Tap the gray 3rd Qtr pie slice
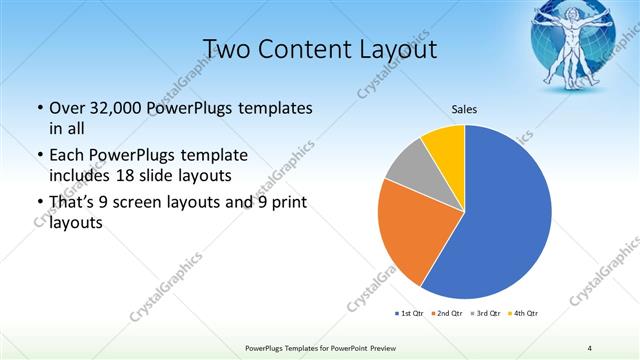pyautogui.click(x=409, y=168)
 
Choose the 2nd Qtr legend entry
pyautogui.click(x=445, y=314)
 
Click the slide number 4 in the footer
pyautogui.click(x=589, y=347)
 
